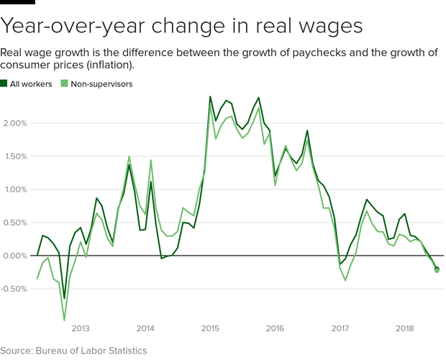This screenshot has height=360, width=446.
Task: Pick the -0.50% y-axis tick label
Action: point(15,289)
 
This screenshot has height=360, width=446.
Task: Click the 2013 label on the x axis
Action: point(80,328)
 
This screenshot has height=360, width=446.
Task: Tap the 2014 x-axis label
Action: point(145,328)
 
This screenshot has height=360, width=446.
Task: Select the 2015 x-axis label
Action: point(210,328)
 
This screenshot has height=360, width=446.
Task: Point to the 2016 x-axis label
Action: point(275,328)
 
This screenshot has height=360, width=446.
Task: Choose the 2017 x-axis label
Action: point(340,328)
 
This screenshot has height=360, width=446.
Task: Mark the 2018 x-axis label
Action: point(404,328)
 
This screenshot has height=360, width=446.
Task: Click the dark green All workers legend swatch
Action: point(4,84)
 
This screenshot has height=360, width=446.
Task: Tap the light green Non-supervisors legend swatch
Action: point(64,84)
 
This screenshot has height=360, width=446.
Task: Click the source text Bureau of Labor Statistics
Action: point(92,351)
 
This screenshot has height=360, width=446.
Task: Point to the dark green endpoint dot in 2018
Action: point(437,269)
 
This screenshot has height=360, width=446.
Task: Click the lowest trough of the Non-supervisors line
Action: point(64,320)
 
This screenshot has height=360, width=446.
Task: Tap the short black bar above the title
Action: point(17,2)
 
